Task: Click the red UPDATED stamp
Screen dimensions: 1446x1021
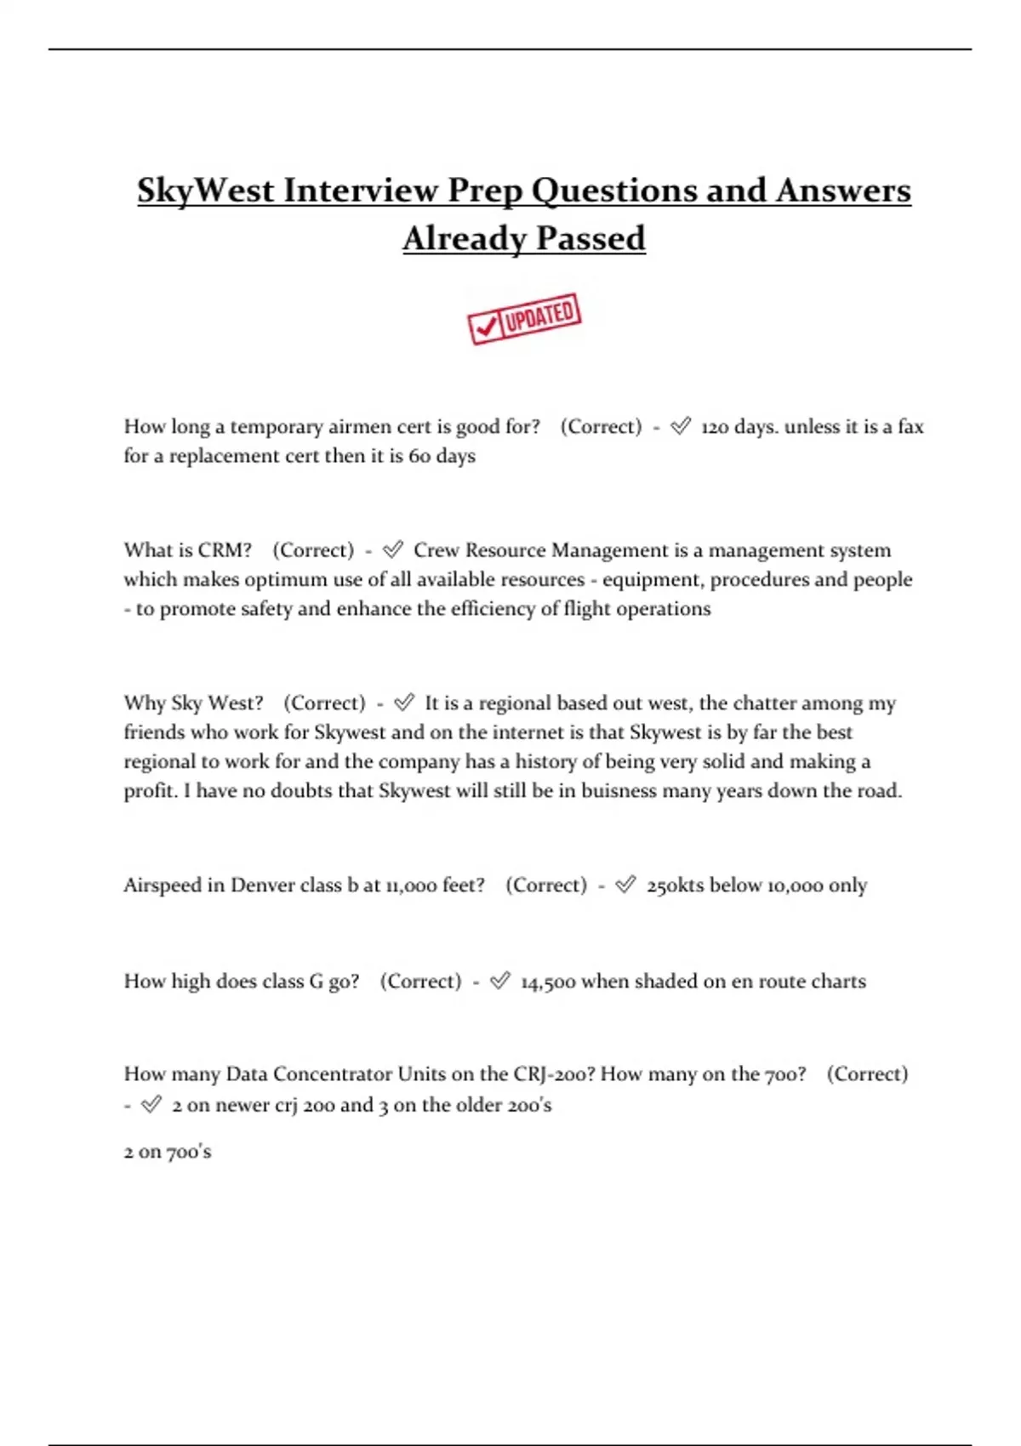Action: pos(524,319)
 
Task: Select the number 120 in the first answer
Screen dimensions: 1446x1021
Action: pos(715,427)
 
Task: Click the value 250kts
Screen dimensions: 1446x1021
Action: pos(675,885)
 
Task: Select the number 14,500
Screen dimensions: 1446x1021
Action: pos(548,982)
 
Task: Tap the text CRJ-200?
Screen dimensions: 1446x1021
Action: pos(554,1074)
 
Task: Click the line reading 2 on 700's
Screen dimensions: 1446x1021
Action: pos(168,1152)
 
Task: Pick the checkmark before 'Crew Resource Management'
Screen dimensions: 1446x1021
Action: pos(393,550)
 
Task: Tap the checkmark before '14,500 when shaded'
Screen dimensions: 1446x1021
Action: pos(500,981)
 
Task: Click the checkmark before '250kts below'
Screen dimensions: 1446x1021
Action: pos(625,885)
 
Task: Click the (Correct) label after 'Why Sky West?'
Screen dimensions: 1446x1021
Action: pos(324,703)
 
